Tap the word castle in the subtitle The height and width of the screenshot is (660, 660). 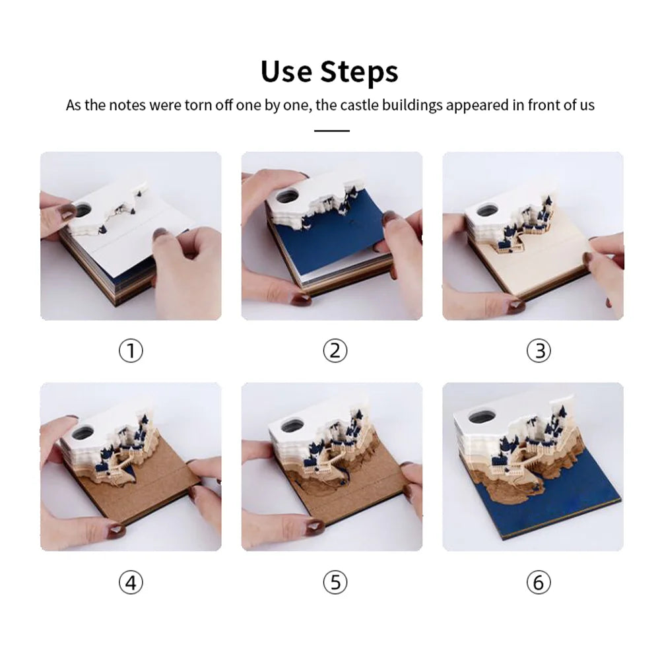coord(359,105)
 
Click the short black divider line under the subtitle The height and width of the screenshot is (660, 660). coord(332,131)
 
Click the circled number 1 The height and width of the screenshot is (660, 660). coord(131,351)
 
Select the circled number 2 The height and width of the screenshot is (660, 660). coord(335,351)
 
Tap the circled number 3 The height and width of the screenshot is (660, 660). coord(539,351)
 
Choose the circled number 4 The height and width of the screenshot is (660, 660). coord(131,583)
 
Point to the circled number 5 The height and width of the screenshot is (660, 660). coord(335,583)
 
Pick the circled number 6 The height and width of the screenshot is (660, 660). coord(539,583)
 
